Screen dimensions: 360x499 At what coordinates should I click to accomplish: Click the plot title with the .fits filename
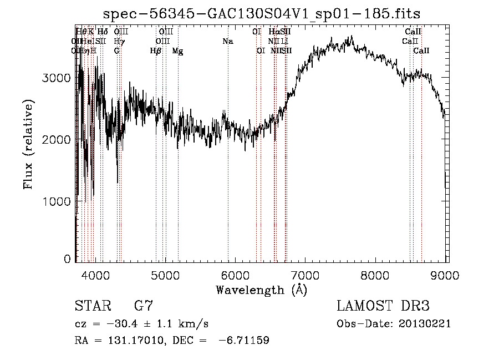[262, 14]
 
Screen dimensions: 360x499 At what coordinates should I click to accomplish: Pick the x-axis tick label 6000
[236, 275]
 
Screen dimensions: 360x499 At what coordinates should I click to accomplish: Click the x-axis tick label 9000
[444, 275]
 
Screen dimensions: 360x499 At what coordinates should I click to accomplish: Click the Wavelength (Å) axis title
[261, 290]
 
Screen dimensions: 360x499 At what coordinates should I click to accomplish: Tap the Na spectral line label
[227, 41]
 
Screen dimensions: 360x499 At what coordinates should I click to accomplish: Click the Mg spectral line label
[177, 50]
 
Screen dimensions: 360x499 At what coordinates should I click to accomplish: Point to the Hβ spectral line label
[156, 50]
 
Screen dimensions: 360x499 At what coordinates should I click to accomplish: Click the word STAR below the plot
[91, 306]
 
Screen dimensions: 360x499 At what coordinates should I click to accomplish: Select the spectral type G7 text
[143, 306]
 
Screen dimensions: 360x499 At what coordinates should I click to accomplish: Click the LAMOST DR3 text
[383, 306]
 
